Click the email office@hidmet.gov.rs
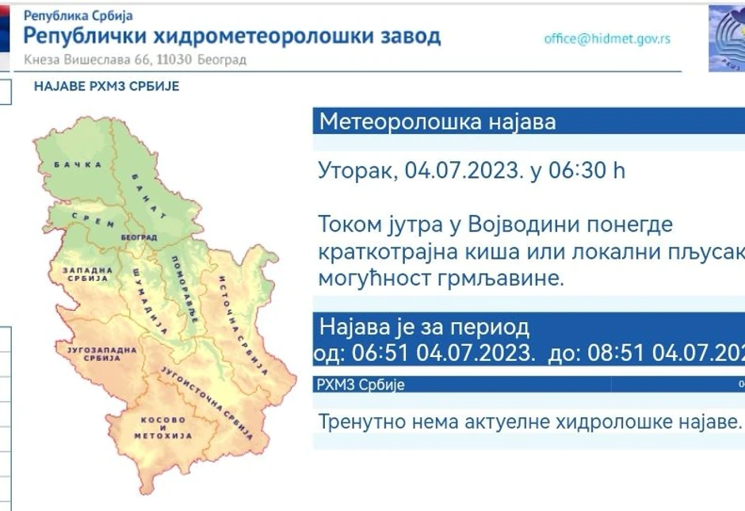coord(607,39)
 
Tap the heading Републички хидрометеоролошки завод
coord(232,36)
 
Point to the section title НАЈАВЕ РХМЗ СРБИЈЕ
coord(107,86)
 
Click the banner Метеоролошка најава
coord(437,122)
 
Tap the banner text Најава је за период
coord(424,327)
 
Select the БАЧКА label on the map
coord(78,164)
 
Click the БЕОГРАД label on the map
coord(139,237)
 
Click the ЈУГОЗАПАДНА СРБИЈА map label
coord(95,354)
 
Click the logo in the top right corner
coord(727,38)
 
